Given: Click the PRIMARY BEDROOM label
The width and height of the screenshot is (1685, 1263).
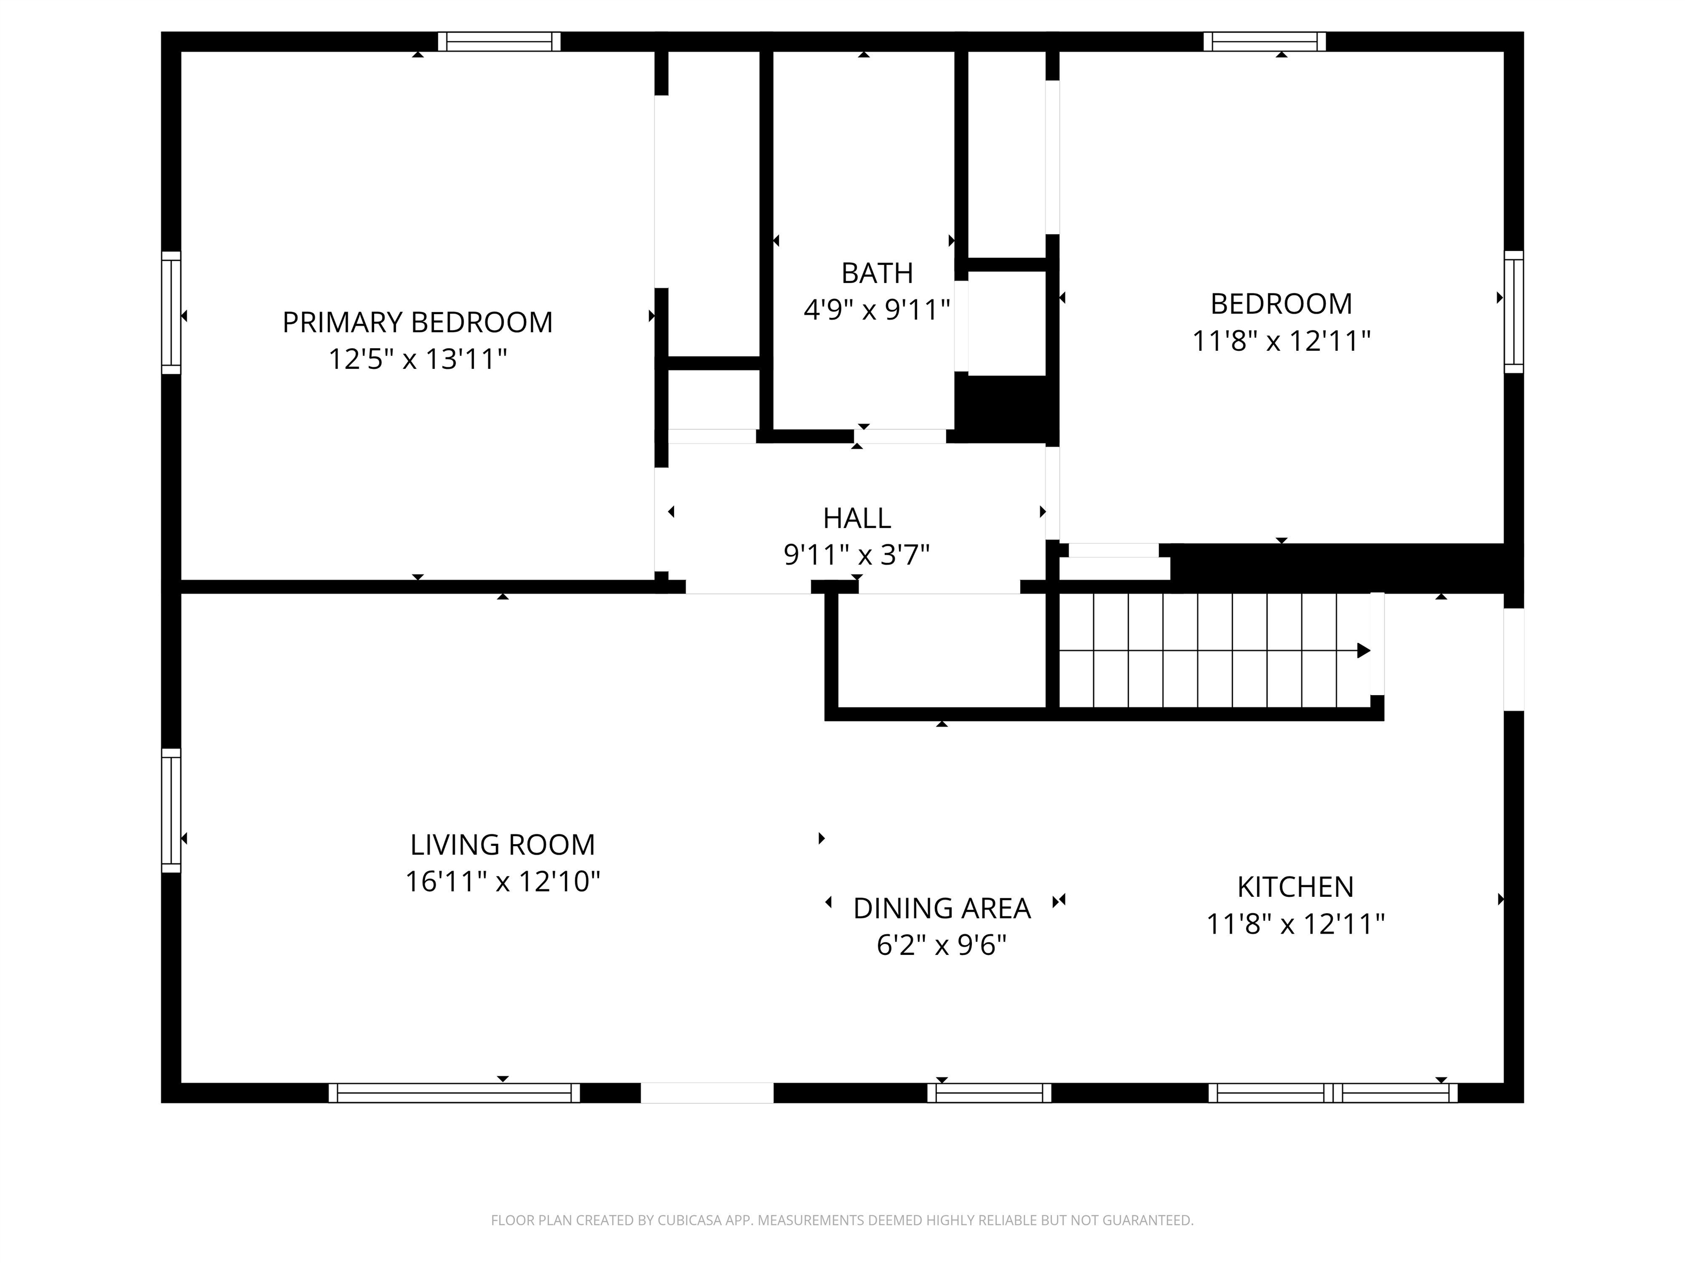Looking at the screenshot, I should pos(417,323).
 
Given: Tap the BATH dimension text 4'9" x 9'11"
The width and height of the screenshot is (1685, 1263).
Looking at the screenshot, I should pos(877,310).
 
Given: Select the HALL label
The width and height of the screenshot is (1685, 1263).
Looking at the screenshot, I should pos(856,519).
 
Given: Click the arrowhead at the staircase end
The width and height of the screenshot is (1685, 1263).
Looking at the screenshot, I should pos(1364,651).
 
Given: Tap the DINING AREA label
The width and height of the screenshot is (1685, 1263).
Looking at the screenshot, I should pos(942,908).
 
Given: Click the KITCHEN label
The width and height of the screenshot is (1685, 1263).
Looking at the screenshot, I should pos(1295,887).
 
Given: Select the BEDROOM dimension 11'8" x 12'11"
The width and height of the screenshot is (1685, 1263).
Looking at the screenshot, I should pos(1281,341).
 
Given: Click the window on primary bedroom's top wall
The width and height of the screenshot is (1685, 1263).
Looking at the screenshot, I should pos(499,41).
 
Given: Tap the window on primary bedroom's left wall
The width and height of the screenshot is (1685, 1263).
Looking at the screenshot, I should pos(171,313).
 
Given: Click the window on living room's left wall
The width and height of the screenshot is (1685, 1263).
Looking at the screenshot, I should pos(171,810).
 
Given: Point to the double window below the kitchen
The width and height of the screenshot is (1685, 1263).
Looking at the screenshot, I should pos(1333,1093).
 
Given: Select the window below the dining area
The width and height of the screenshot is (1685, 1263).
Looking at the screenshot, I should pos(989,1093).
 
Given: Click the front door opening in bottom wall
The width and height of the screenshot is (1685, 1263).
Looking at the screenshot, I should pos(707,1093).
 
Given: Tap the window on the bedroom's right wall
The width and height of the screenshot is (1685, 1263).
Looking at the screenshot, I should pos(1514,312).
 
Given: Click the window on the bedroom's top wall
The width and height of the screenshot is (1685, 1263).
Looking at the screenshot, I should pos(1264,41).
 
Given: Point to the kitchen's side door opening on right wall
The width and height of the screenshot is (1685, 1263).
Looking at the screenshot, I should pos(1514,659).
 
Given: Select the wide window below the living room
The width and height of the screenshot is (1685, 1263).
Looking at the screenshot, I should pos(454,1093).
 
